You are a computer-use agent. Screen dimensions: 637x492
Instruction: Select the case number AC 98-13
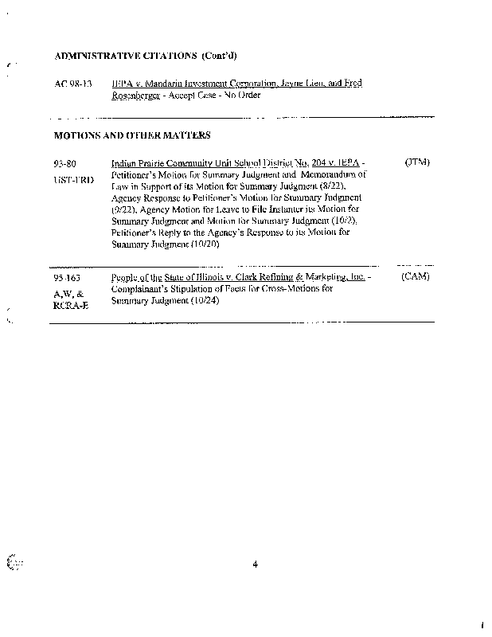73,84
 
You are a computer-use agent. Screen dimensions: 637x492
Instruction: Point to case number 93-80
65,163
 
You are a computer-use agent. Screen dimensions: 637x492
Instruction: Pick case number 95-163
68,279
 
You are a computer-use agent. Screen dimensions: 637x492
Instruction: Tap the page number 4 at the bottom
255,565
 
